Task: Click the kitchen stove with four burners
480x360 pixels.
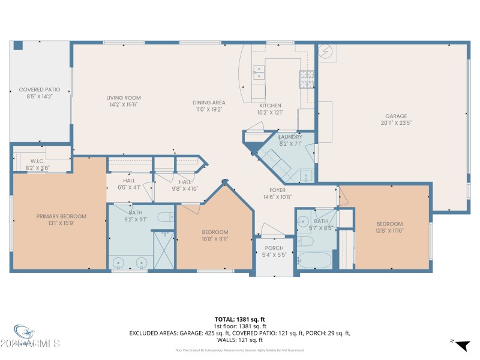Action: (x=307, y=80)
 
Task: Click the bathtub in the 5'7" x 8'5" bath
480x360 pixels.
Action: (x=313, y=260)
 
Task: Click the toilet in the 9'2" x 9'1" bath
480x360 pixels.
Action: (x=164, y=217)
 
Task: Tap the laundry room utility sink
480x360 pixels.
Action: (x=306, y=176)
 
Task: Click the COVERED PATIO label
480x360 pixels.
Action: (x=40, y=89)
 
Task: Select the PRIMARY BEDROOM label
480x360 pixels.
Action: (x=61, y=217)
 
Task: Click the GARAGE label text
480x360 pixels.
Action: (x=396, y=116)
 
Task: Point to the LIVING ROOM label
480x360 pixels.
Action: (x=124, y=98)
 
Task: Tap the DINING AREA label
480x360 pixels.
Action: (x=209, y=103)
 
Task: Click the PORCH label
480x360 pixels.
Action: (x=274, y=248)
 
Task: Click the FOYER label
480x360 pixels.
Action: (x=277, y=190)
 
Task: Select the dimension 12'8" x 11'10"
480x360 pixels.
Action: (x=389, y=230)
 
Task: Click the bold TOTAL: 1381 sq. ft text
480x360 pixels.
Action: (x=239, y=319)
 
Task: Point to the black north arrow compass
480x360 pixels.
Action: (x=461, y=345)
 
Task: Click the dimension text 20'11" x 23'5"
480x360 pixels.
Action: (x=396, y=122)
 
